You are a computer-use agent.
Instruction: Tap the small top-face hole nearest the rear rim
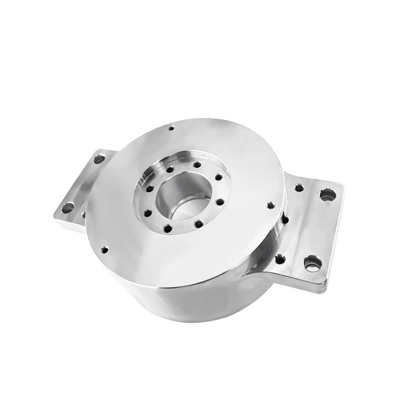pos(172,128)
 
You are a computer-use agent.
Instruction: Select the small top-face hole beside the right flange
pos(270,205)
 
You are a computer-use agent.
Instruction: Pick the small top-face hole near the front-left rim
pos(105,249)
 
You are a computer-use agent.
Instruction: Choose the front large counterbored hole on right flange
pos(312,263)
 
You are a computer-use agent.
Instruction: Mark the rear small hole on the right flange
pos(299,188)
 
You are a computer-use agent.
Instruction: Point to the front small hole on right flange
pos(280,260)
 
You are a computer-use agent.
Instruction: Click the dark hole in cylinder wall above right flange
pos(285,220)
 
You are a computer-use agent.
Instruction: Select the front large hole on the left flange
pos(67,207)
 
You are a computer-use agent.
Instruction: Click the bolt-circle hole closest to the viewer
pos(168,229)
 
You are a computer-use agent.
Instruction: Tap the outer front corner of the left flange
pos(56,217)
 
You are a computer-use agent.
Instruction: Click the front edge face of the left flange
pos(68,223)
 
